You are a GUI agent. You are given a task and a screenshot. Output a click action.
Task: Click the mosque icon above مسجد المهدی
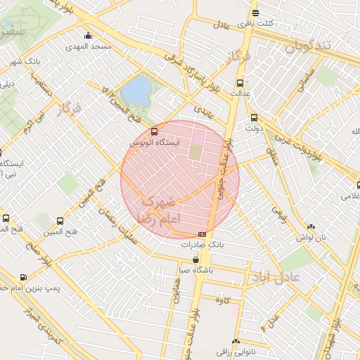pos(88,36)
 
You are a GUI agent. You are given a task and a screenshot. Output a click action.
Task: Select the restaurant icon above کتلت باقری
pos(255,13)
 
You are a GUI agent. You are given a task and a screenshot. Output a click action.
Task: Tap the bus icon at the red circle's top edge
pos(155,131)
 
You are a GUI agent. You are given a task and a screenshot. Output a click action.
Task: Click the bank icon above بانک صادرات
pos(202,234)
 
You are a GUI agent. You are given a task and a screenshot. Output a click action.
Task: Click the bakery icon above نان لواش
pos(311,226)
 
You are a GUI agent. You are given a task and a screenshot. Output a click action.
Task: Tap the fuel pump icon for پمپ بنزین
pos(25,277)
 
